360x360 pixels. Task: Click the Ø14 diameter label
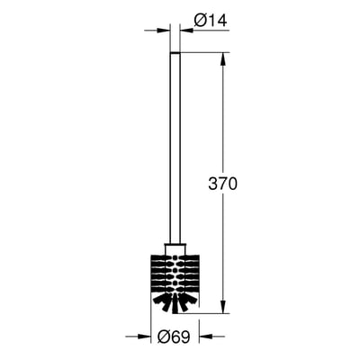coord(211,21)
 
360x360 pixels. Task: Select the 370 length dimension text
coord(222,184)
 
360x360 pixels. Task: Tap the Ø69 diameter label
coord(175,337)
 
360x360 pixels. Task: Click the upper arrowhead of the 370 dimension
coord(223,59)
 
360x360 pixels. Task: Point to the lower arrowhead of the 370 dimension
coord(223,307)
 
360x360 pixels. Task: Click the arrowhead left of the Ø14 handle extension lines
coord(164,31)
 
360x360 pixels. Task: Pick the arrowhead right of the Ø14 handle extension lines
coord(186,31)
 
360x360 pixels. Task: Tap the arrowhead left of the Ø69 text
coord(144,337)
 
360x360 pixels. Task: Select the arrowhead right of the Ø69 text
coord(206,337)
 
